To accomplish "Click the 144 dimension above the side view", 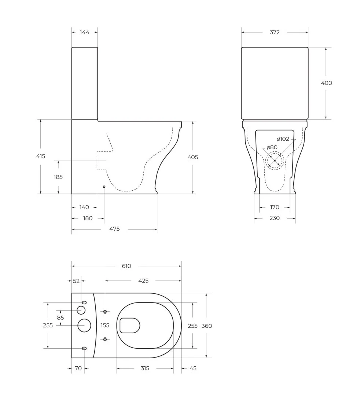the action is coord(84,32).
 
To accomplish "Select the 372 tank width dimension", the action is coord(275,32).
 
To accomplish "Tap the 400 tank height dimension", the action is coord(326,83).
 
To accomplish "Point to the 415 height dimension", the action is coord(41,156).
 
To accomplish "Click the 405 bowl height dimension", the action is coord(193,157).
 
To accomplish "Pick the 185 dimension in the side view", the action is coord(58,177).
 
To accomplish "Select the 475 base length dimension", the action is coord(114,229).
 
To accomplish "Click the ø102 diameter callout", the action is coord(283,139).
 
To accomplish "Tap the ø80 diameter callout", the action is coord(272,147).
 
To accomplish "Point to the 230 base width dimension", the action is coord(275,218).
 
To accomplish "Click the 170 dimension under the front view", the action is coord(275,207).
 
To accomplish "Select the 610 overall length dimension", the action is coord(126,266).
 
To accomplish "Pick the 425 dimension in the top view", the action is coord(143,280).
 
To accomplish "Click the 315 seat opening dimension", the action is coord(145,368).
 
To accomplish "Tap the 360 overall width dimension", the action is coord(207,326).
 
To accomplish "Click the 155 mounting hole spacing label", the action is coord(105,325).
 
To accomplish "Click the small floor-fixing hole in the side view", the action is coord(104,187).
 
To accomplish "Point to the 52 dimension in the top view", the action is coord(76,281).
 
